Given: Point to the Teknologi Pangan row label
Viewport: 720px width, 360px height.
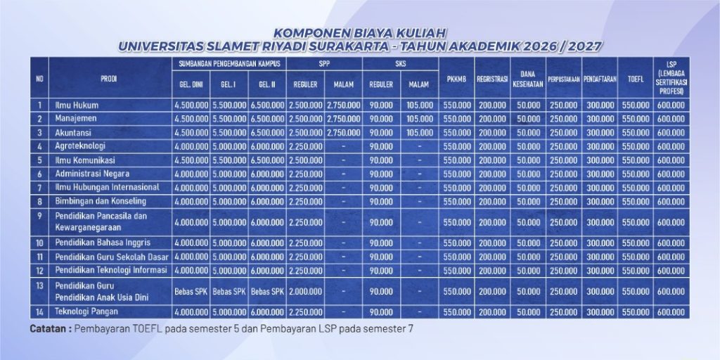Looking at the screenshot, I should (86, 311).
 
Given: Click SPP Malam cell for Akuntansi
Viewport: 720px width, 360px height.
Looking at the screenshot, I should (343, 132).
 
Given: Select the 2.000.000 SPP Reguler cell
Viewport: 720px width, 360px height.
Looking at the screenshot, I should (305, 291).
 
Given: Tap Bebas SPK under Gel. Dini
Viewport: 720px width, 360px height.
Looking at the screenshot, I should (191, 291).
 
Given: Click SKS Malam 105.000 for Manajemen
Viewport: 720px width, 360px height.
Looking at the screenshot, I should (419, 119).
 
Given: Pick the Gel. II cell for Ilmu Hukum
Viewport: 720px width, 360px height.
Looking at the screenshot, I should (267, 105).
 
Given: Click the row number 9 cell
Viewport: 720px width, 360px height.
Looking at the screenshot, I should (39, 216).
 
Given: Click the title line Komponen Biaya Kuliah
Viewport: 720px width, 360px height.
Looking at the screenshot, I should (359, 33).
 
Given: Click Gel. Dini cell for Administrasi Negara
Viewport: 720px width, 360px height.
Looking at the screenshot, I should (191, 174).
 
